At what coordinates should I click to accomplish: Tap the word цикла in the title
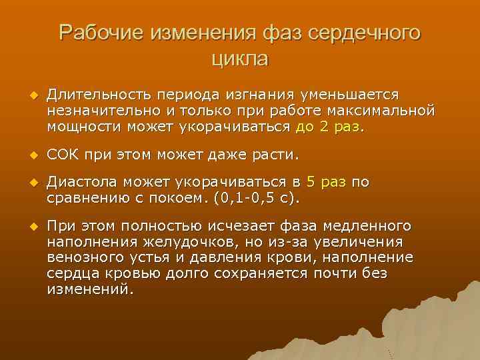tap(240, 58)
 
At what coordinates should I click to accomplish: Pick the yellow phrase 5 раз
tap(325, 183)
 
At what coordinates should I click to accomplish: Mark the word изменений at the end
tap(89, 289)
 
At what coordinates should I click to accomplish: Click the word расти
tap(275, 155)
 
